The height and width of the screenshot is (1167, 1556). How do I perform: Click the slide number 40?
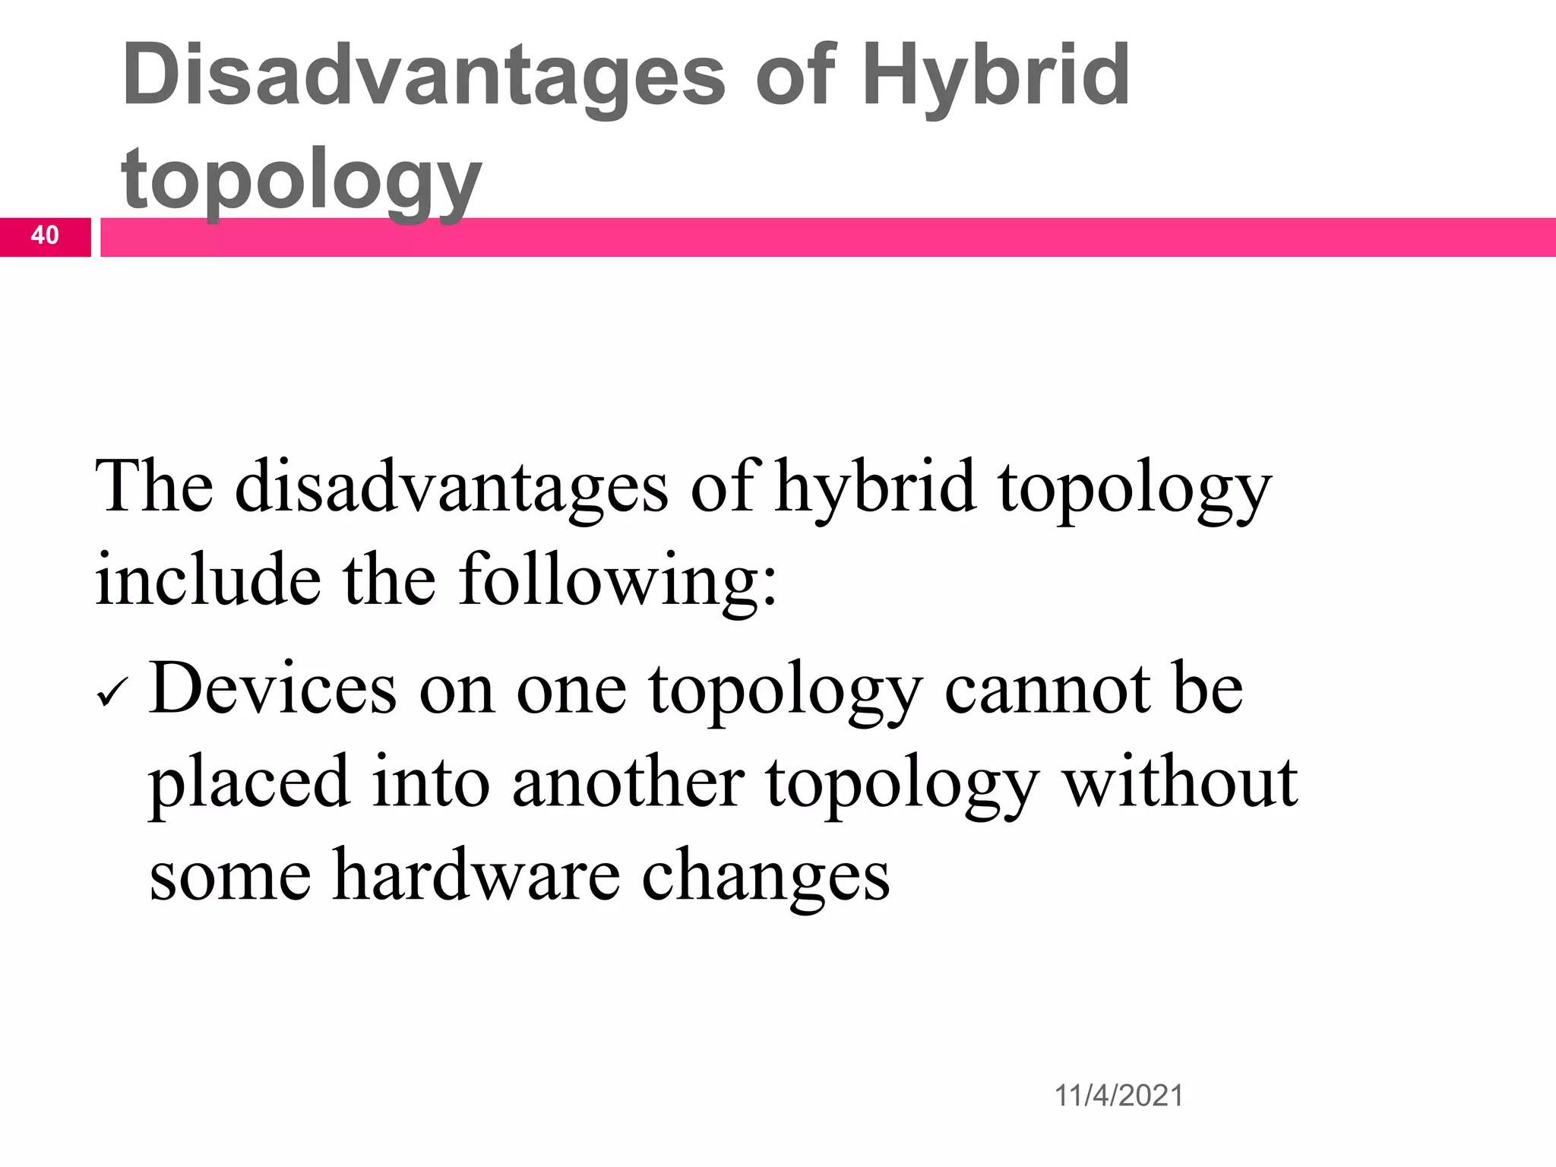(x=45, y=236)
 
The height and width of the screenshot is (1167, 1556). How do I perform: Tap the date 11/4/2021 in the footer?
(x=1118, y=1096)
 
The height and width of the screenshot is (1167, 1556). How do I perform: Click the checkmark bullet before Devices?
(x=113, y=694)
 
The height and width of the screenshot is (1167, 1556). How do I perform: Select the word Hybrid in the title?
(x=995, y=76)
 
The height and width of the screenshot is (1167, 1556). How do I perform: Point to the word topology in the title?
(x=301, y=179)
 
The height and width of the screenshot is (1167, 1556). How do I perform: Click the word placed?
(x=248, y=783)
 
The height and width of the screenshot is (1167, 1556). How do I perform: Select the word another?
(x=628, y=783)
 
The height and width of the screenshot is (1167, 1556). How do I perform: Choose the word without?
(x=1181, y=783)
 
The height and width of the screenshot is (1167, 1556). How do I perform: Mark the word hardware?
(x=476, y=875)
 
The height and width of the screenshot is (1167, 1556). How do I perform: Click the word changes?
(x=766, y=875)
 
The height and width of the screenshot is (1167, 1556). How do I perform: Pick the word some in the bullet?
(x=229, y=875)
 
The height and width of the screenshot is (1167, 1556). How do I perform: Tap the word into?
(x=431, y=783)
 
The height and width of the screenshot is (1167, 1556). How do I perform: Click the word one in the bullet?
(x=571, y=690)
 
